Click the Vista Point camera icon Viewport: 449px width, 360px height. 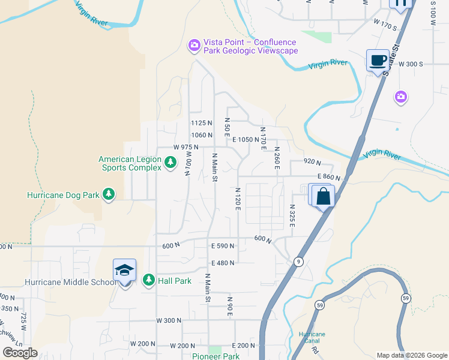pyautogui.click(x=194, y=45)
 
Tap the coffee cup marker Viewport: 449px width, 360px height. pyautogui.click(x=378, y=60)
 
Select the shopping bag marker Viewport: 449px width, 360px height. pyautogui.click(x=322, y=196)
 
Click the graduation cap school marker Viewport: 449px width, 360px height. pyautogui.click(x=124, y=270)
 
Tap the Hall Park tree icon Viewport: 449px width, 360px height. pyautogui.click(x=148, y=280)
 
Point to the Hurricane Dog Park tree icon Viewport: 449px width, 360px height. pyautogui.click(x=109, y=194)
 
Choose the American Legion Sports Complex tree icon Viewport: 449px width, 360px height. pyautogui.click(x=170, y=162)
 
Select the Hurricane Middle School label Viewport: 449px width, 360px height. pyautogui.click(x=71, y=282)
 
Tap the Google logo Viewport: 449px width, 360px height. pyautogui.click(x=20, y=353)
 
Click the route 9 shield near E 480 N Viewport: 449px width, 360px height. pyautogui.click(x=298, y=262)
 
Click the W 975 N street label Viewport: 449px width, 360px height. pyautogui.click(x=186, y=147)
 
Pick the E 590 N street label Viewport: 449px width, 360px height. pyautogui.click(x=223, y=245)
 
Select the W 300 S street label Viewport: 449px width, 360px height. pyautogui.click(x=410, y=64)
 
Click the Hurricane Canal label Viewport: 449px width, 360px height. pyautogui.click(x=312, y=338)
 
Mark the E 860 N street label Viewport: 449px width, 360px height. pyautogui.click(x=328, y=178)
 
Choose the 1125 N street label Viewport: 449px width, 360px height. pyautogui.click(x=202, y=122)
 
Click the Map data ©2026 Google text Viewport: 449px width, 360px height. pyautogui.click(x=412, y=355)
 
